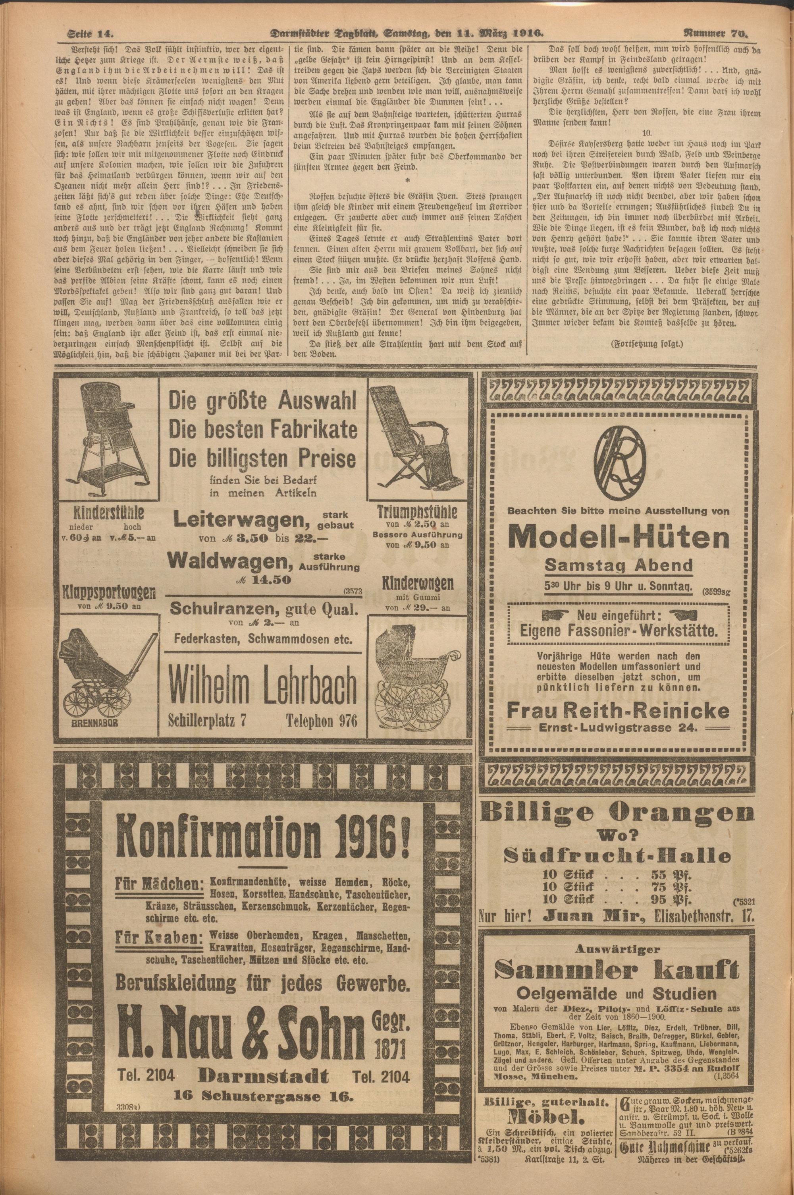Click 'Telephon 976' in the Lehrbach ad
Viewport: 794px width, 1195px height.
[x=322, y=720]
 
